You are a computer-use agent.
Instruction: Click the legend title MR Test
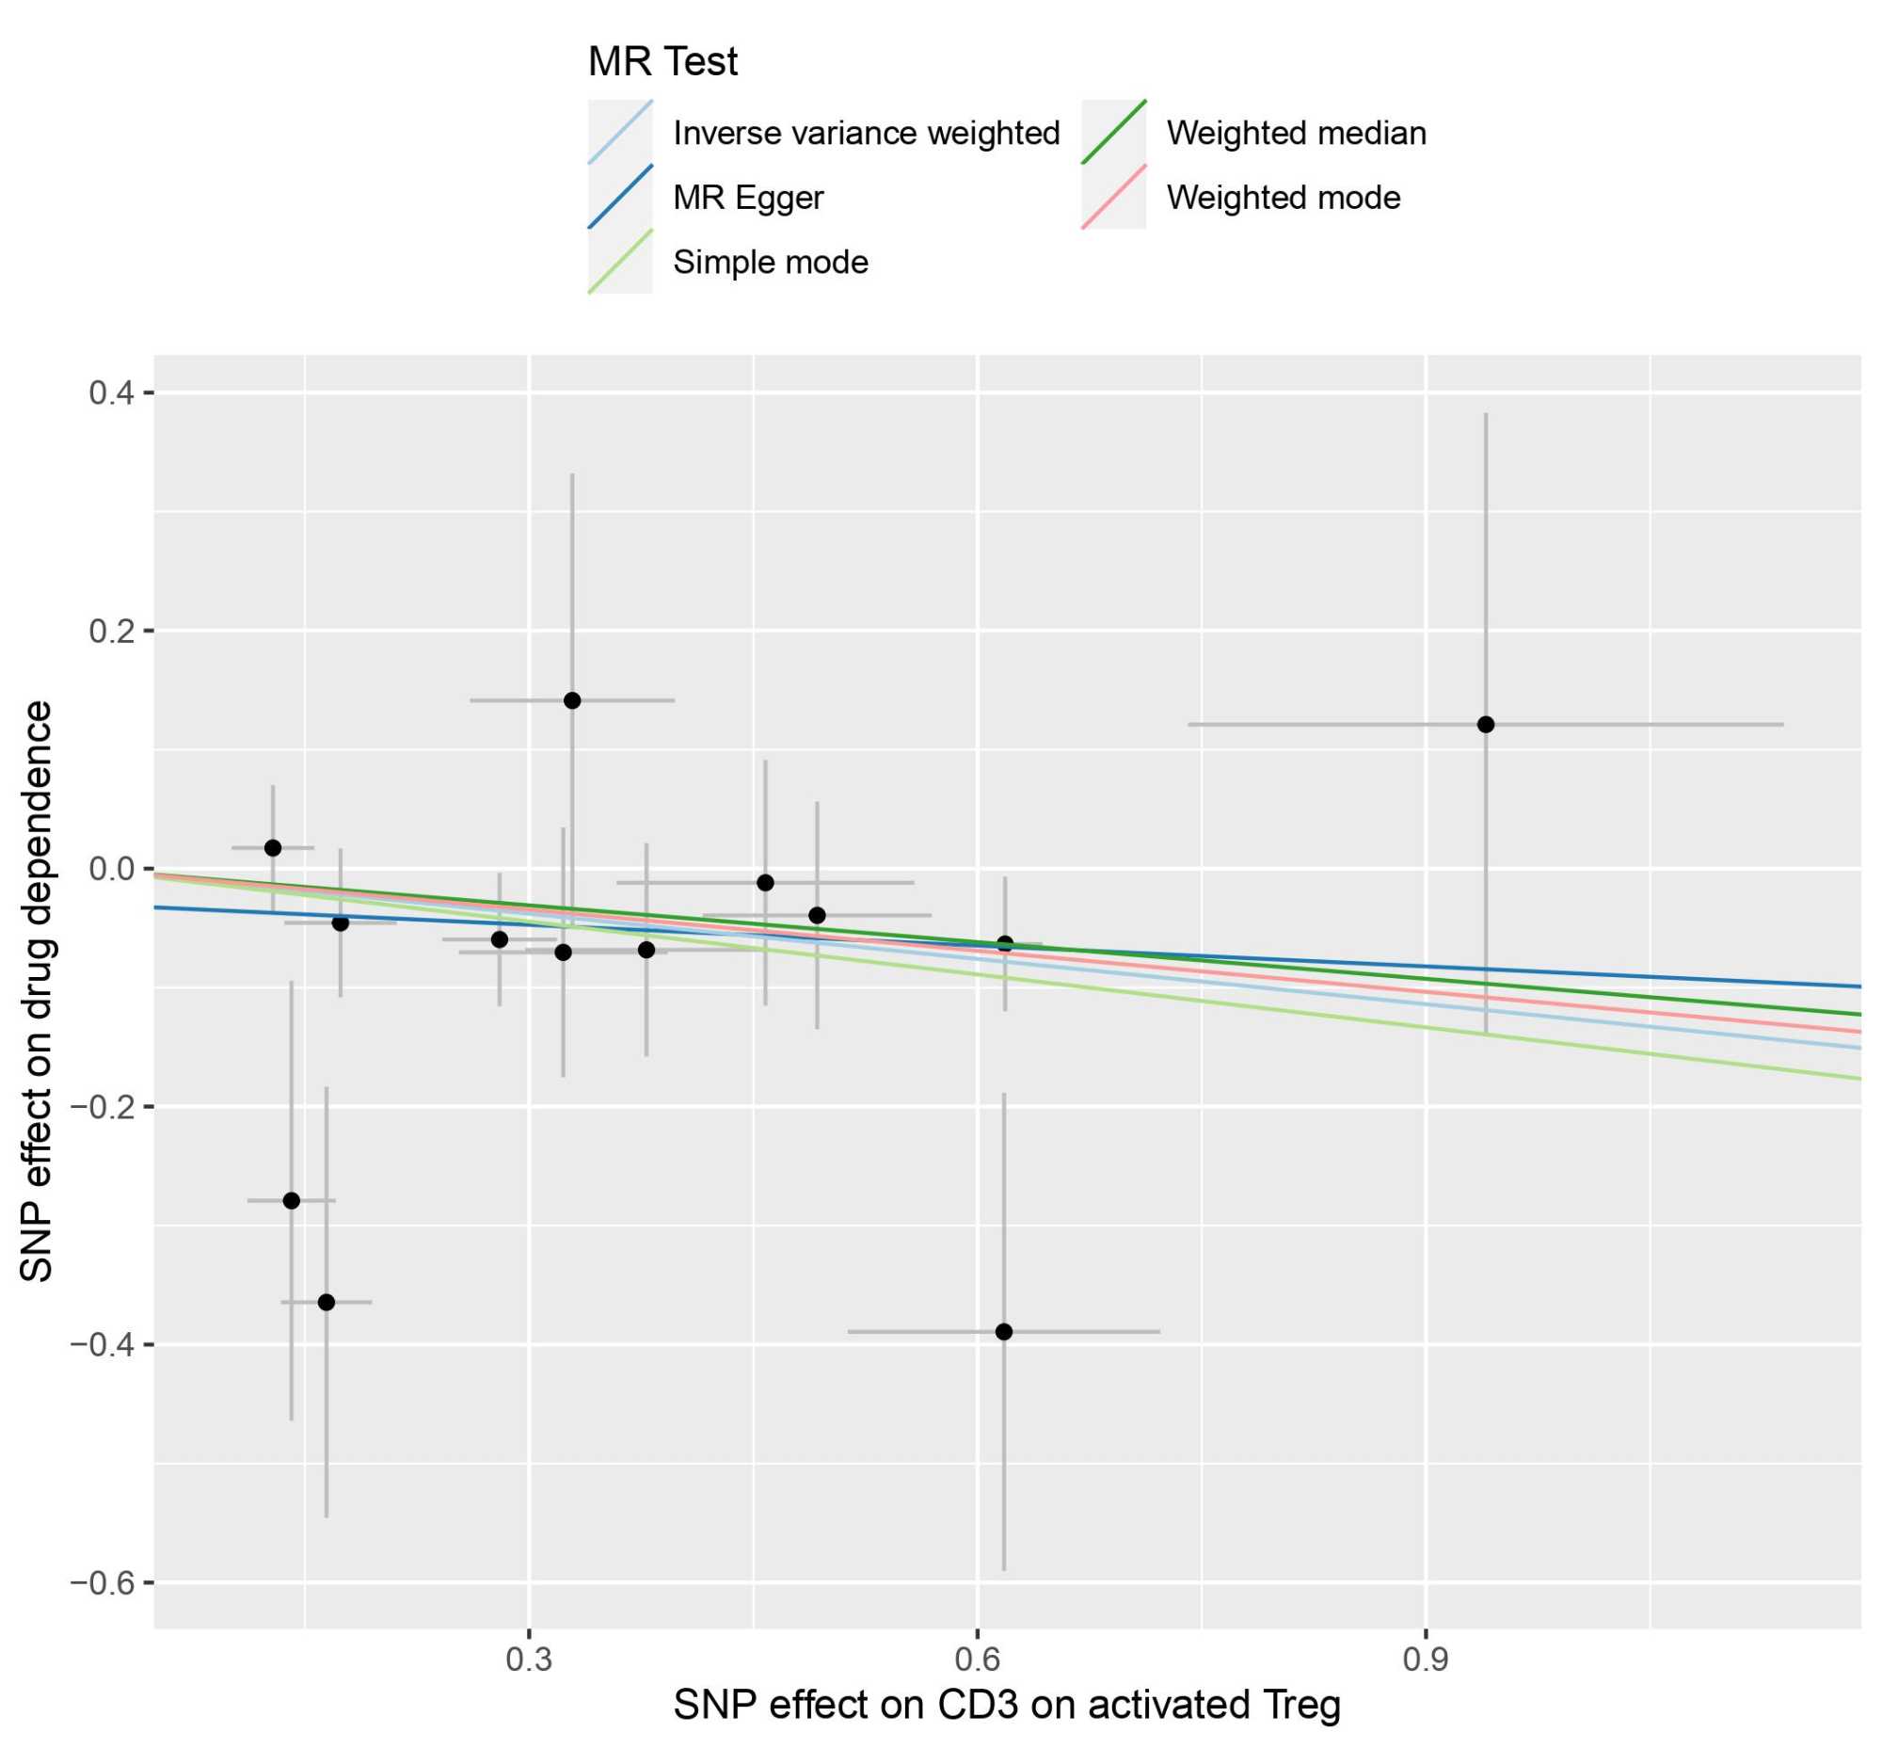[662, 62]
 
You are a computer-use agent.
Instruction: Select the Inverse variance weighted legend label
[866, 134]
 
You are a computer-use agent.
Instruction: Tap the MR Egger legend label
[747, 198]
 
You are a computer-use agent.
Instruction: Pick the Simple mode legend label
[770, 262]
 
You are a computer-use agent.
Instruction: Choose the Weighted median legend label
[1296, 134]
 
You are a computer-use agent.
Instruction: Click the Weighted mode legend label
[1283, 198]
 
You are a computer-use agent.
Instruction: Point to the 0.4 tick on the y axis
[111, 393]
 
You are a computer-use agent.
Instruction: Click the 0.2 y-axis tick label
[111, 631]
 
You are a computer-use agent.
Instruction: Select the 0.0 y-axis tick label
[111, 868]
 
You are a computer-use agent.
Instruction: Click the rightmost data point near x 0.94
[1485, 725]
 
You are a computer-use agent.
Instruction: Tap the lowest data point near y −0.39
[1003, 1332]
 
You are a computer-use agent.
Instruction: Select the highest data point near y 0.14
[571, 700]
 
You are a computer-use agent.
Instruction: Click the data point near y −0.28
[292, 1200]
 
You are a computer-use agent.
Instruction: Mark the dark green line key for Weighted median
[1113, 133]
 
